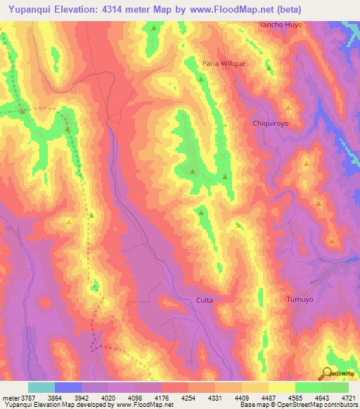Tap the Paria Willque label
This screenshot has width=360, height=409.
(224, 63)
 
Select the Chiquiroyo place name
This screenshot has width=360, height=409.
(271, 123)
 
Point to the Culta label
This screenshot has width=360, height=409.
(204, 300)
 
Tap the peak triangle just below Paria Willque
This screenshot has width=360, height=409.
(202, 79)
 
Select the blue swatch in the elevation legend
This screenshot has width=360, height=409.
(68, 387)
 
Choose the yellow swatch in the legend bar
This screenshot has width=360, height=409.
(282, 387)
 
